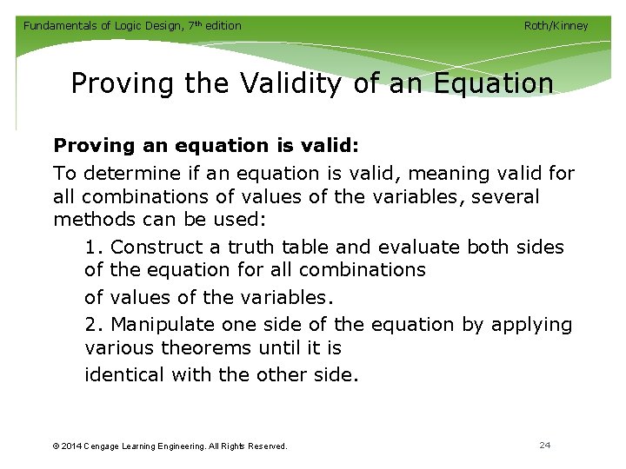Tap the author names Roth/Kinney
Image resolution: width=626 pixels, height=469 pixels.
(x=556, y=26)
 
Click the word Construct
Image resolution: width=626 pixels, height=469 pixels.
(x=154, y=248)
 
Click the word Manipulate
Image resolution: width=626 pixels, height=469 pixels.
(x=165, y=325)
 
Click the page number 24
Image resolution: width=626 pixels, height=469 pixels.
(x=545, y=445)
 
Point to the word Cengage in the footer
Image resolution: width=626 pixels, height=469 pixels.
(x=109, y=446)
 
